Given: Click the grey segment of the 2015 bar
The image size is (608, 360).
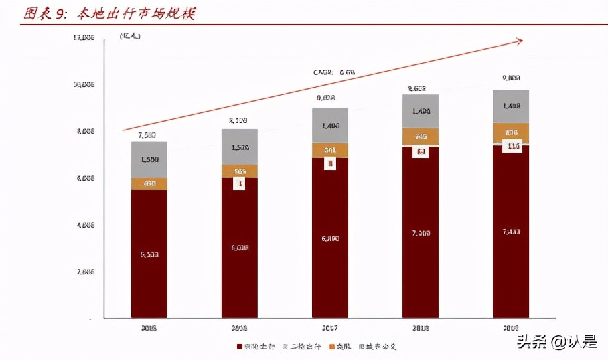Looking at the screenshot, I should click(x=149, y=159).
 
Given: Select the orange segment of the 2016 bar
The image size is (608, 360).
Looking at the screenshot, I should click(x=239, y=171).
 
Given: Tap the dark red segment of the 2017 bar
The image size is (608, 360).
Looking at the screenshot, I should click(x=329, y=238).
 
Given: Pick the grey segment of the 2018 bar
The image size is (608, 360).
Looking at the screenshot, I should click(x=420, y=111).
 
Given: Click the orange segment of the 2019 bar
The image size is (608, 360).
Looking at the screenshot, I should click(x=511, y=132).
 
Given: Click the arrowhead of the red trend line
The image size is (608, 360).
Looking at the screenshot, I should click(x=519, y=41).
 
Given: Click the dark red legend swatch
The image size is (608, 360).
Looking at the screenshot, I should click(x=239, y=347).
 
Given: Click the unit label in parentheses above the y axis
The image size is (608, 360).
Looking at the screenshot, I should click(x=130, y=37).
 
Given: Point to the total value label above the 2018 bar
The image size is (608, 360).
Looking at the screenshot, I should click(x=417, y=88).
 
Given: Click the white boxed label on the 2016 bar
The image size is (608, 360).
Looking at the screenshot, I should click(x=239, y=183).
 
